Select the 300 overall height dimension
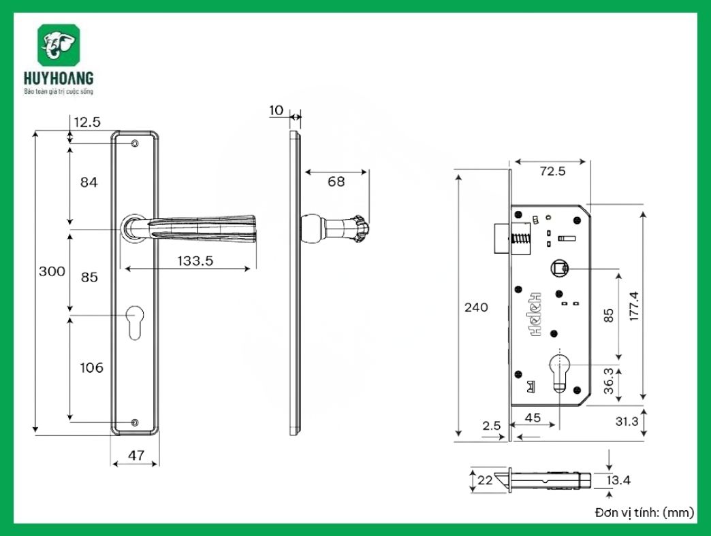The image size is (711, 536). coord(52,271)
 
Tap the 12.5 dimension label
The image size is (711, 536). coord(87,122)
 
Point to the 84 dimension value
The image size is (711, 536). coord(89,182)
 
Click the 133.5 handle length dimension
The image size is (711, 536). coord(186,260)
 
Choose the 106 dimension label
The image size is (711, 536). coord(91,368)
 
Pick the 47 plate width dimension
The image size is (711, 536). coord(136,456)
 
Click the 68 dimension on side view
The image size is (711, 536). coord(336,182)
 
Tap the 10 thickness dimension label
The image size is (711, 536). coord(276,110)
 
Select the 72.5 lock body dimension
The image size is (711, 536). coord(552,171)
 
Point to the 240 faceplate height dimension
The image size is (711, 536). coord(476,307)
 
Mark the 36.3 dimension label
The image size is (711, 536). coord(609,382)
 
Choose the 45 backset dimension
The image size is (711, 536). coord(533,418)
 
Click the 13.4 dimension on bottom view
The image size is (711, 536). coord(618,480)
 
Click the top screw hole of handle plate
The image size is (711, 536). coord(135,144)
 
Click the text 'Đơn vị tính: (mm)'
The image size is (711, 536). coord(642,512)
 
